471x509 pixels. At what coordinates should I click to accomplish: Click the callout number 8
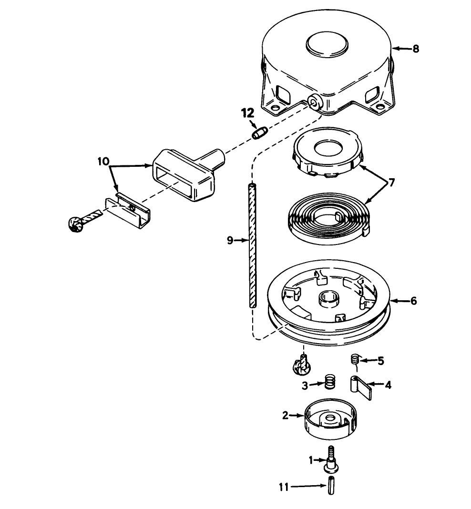pyautogui.click(x=416, y=49)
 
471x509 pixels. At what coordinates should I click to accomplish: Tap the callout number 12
pyautogui.click(x=247, y=113)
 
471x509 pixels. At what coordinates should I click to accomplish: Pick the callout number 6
pyautogui.click(x=413, y=301)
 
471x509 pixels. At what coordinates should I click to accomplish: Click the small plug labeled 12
pyautogui.click(x=260, y=133)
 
